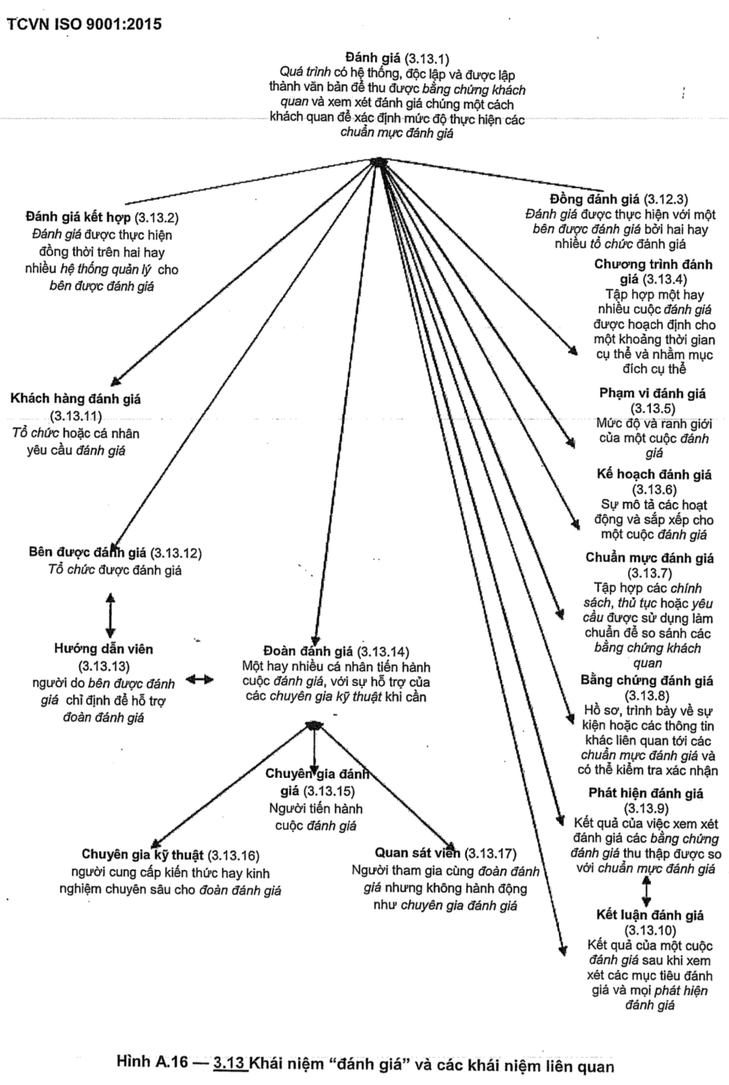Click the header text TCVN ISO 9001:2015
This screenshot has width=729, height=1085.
pos(84,25)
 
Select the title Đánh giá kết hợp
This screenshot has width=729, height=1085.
pos(78,217)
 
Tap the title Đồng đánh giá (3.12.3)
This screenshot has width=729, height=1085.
pos(619,199)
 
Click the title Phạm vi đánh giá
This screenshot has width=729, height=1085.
pos(652,393)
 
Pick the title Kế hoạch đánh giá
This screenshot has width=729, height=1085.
pos(654,475)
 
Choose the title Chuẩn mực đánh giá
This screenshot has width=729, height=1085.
pos(649,558)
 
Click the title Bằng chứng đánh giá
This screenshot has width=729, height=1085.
pos(647,681)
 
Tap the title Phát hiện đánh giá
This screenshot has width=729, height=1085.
pos(646,794)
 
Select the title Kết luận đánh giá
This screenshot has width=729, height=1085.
pos(650,915)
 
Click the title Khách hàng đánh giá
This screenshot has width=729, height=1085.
pos(76,399)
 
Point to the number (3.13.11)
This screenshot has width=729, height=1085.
pos(76,416)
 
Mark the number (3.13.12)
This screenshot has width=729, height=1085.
pos(175,554)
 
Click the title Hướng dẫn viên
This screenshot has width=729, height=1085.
pos(103,649)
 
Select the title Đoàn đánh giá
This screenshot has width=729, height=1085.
pos(308,651)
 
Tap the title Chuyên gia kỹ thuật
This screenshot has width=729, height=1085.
pos(143,855)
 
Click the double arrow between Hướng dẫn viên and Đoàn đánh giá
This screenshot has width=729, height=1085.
pos(200,679)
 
